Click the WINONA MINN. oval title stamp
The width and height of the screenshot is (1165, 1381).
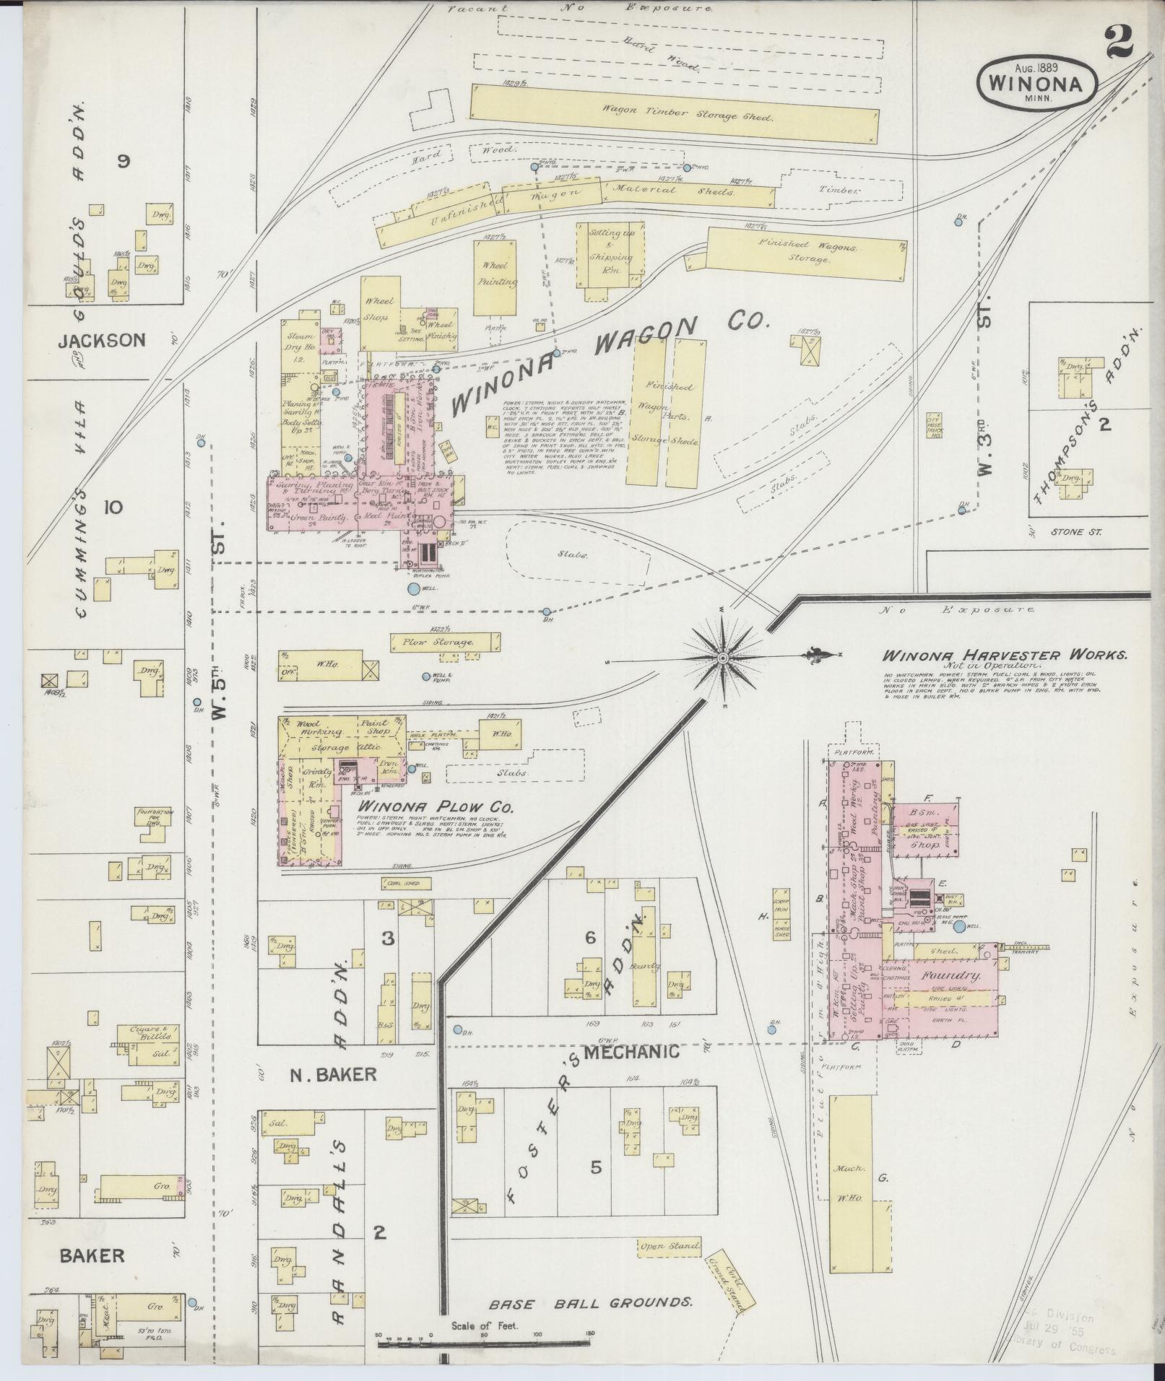[1037, 82]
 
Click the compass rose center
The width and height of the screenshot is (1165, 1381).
[723, 658]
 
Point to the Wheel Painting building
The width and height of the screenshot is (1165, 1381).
[496, 277]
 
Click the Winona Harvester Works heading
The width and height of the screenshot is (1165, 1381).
[1004, 655]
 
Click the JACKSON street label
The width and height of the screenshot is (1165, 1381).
[102, 340]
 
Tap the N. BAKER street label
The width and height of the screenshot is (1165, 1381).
[333, 1073]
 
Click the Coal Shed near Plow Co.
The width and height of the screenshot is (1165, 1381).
[406, 882]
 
